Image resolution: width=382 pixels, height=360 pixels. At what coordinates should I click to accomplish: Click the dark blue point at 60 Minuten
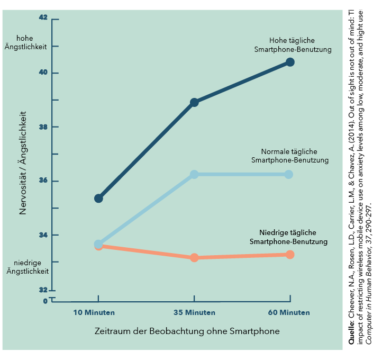[290, 62]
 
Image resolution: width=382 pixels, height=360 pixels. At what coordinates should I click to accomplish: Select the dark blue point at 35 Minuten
[194, 102]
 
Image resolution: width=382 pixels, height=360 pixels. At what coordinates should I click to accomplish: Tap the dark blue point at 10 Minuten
[98, 198]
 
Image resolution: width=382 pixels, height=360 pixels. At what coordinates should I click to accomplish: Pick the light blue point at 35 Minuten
[194, 174]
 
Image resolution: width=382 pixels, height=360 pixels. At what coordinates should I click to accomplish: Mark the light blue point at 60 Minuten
[289, 174]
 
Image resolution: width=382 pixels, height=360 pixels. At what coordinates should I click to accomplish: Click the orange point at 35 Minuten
[194, 257]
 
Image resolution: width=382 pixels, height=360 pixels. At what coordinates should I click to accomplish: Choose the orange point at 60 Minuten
[289, 255]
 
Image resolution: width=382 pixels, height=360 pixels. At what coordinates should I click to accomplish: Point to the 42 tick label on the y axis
[43, 17]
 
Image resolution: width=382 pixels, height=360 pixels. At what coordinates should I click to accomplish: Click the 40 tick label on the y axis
[43, 73]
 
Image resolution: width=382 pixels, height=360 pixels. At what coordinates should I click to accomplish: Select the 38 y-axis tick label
[43, 127]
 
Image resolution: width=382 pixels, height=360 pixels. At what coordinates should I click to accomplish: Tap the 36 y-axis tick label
[43, 181]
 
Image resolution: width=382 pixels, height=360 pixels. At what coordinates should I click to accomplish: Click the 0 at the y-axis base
[45, 301]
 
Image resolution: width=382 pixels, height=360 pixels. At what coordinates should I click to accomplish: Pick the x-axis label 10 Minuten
[94, 312]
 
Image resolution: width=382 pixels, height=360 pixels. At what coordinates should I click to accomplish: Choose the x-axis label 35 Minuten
[194, 312]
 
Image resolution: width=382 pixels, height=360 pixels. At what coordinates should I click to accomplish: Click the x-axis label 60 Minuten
[289, 312]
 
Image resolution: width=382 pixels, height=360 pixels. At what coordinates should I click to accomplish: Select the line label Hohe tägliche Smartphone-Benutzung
[293, 45]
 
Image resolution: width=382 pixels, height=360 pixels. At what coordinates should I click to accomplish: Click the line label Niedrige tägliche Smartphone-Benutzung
[288, 237]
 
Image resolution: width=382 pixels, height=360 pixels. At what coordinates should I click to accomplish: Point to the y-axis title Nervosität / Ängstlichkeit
[23, 162]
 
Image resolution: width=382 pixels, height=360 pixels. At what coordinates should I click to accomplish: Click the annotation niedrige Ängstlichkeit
[28, 267]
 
